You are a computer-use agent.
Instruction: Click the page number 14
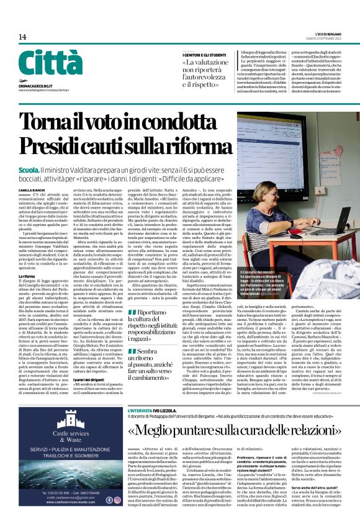click(x=22, y=37)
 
